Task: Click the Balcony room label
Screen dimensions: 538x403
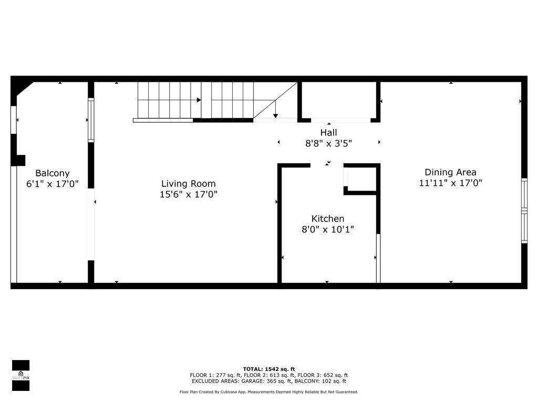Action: pos(53,173)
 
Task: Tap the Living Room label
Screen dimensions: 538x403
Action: pos(189,184)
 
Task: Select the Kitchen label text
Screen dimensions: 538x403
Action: pos(328,219)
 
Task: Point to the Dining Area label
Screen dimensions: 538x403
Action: pos(450,172)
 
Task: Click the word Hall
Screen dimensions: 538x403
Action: pos(329,133)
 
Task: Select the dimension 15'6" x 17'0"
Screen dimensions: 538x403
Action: pos(189,195)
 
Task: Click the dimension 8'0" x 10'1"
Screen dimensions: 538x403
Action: pos(328,229)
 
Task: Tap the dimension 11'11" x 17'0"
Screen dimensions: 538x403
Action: pos(450,183)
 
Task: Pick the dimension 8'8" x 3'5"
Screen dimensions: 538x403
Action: pos(329,143)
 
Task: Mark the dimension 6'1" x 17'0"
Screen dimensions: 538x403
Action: pos(53,184)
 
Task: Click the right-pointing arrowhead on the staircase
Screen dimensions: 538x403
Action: pos(199,100)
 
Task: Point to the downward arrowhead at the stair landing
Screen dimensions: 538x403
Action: pos(275,116)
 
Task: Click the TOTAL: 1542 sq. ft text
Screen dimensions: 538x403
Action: pos(269,369)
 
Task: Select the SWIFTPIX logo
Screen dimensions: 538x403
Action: pos(20,375)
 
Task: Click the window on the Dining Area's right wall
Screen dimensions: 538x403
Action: pos(524,211)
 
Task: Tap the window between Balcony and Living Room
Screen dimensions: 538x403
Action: pos(91,120)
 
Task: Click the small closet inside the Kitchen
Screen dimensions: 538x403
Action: pos(360,178)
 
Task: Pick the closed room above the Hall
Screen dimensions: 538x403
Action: pos(339,101)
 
